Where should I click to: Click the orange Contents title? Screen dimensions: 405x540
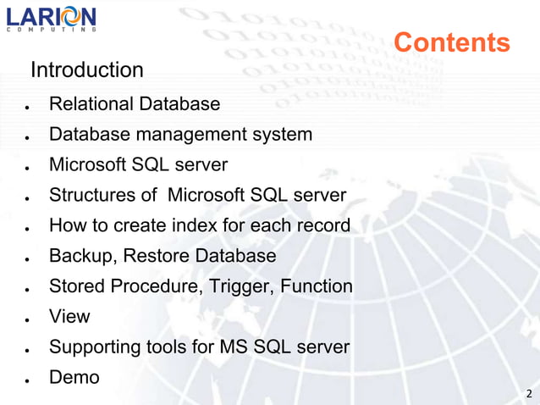(452, 42)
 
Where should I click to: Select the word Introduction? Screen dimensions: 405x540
(87, 69)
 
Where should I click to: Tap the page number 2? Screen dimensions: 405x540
(529, 393)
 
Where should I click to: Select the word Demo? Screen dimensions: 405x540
(74, 377)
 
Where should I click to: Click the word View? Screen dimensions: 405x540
(69, 317)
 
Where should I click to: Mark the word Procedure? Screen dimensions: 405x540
(157, 286)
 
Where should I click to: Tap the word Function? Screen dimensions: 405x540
(314, 286)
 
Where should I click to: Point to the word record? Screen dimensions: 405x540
(321, 225)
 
